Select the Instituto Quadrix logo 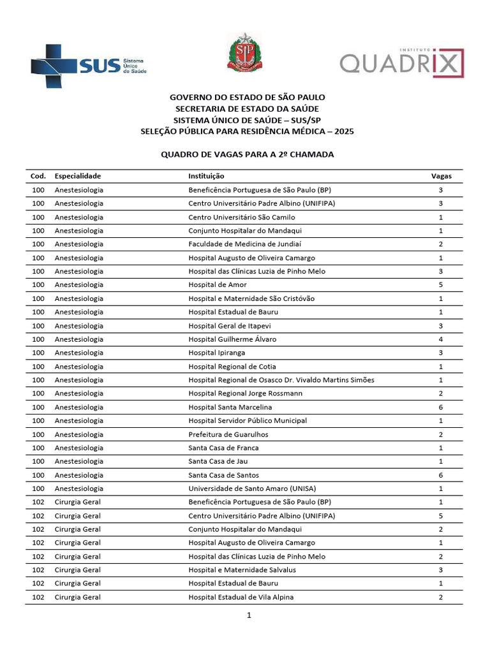click(x=401, y=62)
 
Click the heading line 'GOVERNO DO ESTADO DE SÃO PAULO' click(x=247, y=97)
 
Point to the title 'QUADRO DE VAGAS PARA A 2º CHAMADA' click(x=247, y=154)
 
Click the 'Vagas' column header click(x=441, y=176)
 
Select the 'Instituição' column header click(x=206, y=176)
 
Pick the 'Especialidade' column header click(x=78, y=176)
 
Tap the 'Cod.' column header click(x=38, y=176)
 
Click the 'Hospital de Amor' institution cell click(x=217, y=285)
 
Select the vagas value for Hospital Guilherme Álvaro click(x=441, y=339)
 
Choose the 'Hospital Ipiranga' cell click(x=216, y=353)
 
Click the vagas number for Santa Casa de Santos click(x=441, y=475)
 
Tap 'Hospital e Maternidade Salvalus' click(x=242, y=570)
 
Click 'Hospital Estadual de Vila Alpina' click(x=241, y=598)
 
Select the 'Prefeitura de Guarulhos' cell click(x=228, y=434)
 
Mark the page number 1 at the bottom click(x=249, y=615)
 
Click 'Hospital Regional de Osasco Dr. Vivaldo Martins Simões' click(x=281, y=380)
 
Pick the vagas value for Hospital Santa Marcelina click(x=441, y=407)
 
